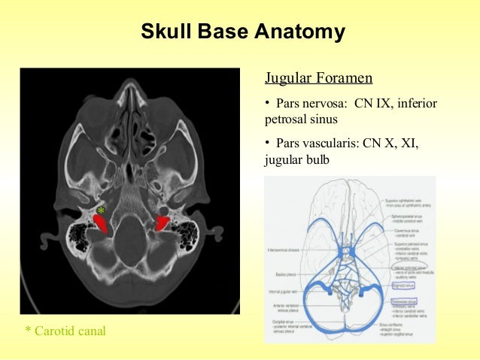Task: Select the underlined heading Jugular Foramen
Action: click(x=318, y=78)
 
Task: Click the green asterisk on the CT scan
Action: click(x=101, y=211)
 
